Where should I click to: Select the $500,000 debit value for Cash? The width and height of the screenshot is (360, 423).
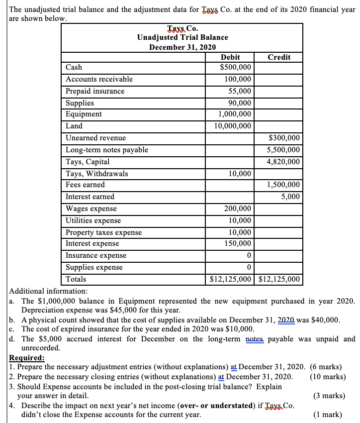pos(236,68)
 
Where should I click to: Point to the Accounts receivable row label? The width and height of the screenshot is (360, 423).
pos(99,79)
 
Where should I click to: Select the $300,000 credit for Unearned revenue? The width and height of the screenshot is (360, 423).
pos(284,138)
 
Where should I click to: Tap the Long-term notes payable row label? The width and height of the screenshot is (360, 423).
pos(107,150)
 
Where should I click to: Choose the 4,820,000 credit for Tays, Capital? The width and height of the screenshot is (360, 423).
pos(283,162)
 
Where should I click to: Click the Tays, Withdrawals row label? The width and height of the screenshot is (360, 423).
pos(96,174)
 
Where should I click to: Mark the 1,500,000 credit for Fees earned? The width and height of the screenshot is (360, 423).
pos(283,185)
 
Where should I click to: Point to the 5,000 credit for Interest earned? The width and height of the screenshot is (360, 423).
pos(290,197)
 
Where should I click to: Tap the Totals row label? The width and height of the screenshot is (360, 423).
pos(76,279)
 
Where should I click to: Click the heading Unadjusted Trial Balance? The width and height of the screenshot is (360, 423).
pos(182,37)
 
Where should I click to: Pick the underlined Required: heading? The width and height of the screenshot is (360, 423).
pos(27,357)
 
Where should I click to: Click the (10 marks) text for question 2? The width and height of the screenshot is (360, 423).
pos(327,376)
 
